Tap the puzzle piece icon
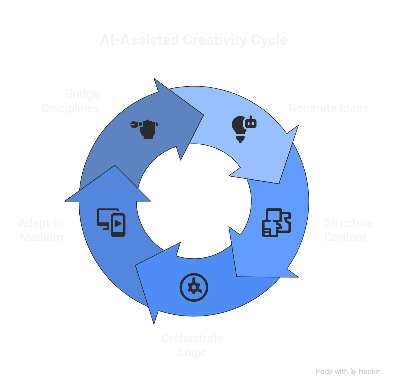pos(276,223)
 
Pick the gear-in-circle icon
pos(194,287)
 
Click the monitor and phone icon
pos(111,222)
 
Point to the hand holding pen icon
pos(144,129)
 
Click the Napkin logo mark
pos(353,372)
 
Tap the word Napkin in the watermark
pos(370,372)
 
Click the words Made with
pos(332,372)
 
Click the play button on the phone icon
pos(118,223)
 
